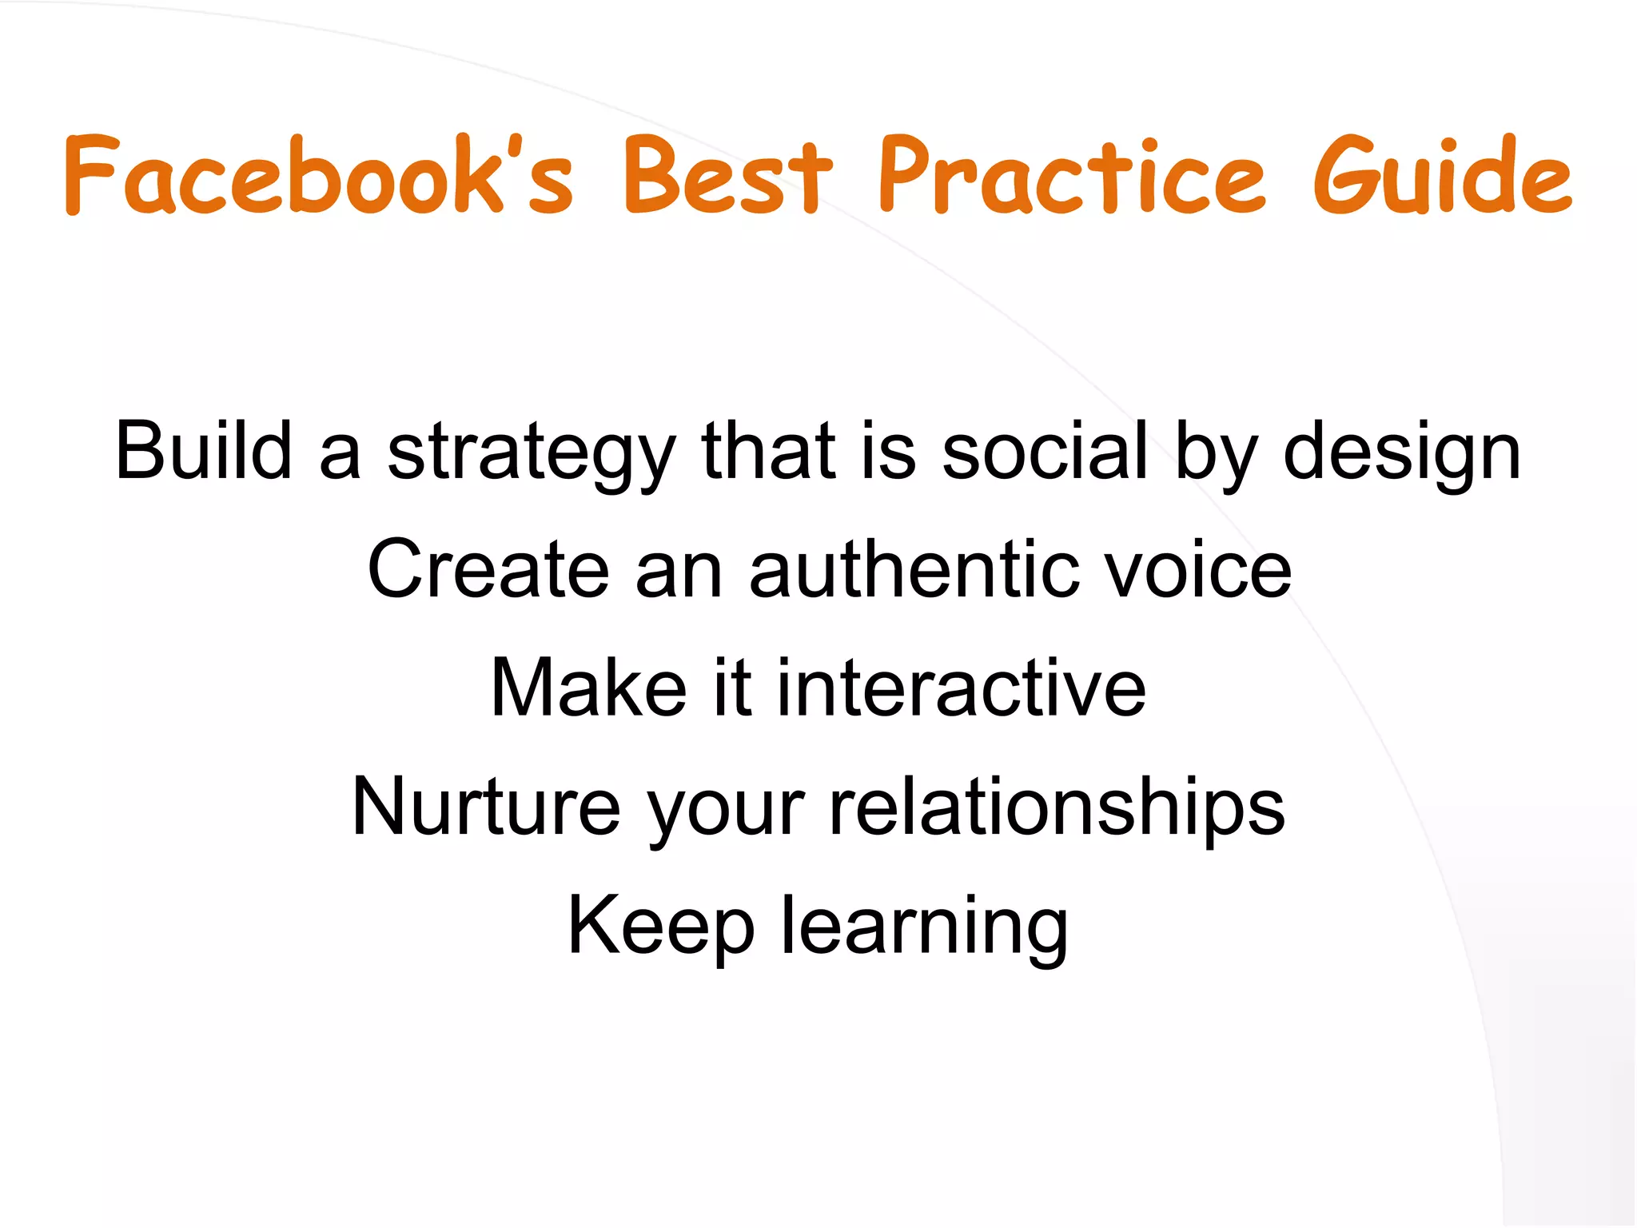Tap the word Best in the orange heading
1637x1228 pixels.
(x=727, y=176)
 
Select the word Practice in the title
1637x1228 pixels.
(x=1071, y=176)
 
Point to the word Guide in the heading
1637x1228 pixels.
(x=1442, y=176)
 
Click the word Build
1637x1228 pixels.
(x=203, y=451)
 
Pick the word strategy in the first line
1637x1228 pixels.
(x=532, y=456)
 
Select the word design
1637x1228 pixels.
(x=1402, y=456)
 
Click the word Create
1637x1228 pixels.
(x=488, y=569)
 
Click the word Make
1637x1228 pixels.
(x=588, y=688)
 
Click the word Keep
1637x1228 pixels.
(x=660, y=926)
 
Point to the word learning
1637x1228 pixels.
(x=924, y=927)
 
